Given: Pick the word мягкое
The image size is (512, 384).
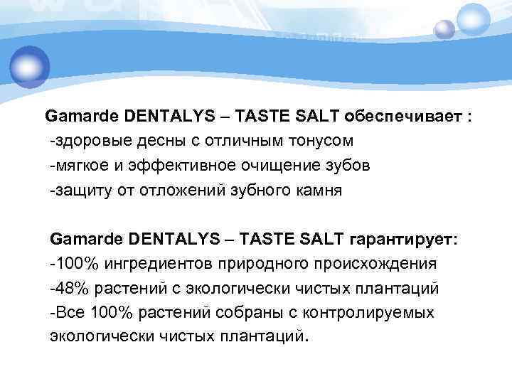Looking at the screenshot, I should (83, 165).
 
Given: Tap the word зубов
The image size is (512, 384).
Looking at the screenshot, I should (346, 165).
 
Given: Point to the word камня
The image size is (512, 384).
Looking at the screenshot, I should (316, 190).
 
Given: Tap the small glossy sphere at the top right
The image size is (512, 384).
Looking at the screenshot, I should (445, 28).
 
